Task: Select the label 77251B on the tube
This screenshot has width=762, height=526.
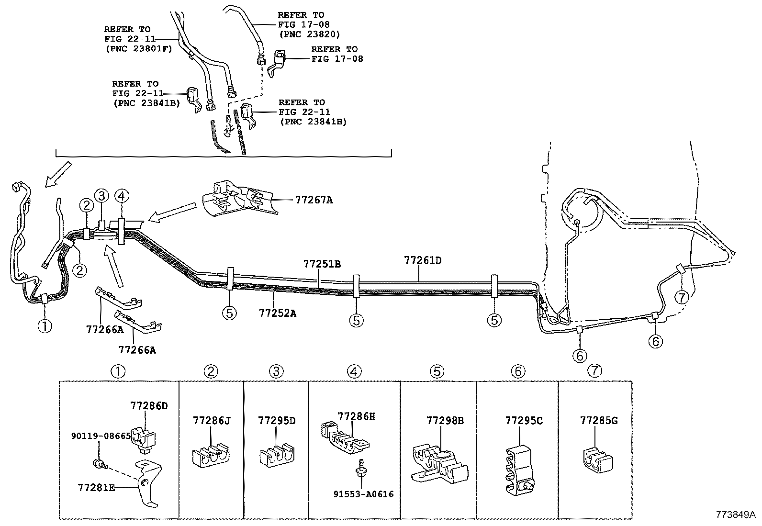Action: pos(322,264)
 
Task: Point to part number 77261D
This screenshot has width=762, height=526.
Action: pos(423,260)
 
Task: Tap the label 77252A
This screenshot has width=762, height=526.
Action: pos(278,313)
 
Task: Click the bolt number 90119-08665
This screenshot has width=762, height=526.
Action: pos(101,436)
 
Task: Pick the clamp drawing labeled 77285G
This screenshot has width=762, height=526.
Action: pos(598,459)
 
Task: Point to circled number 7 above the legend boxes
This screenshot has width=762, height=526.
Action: pos(594,370)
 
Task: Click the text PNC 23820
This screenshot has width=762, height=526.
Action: pos(309,34)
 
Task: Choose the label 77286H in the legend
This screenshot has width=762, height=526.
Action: pos(356,416)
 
